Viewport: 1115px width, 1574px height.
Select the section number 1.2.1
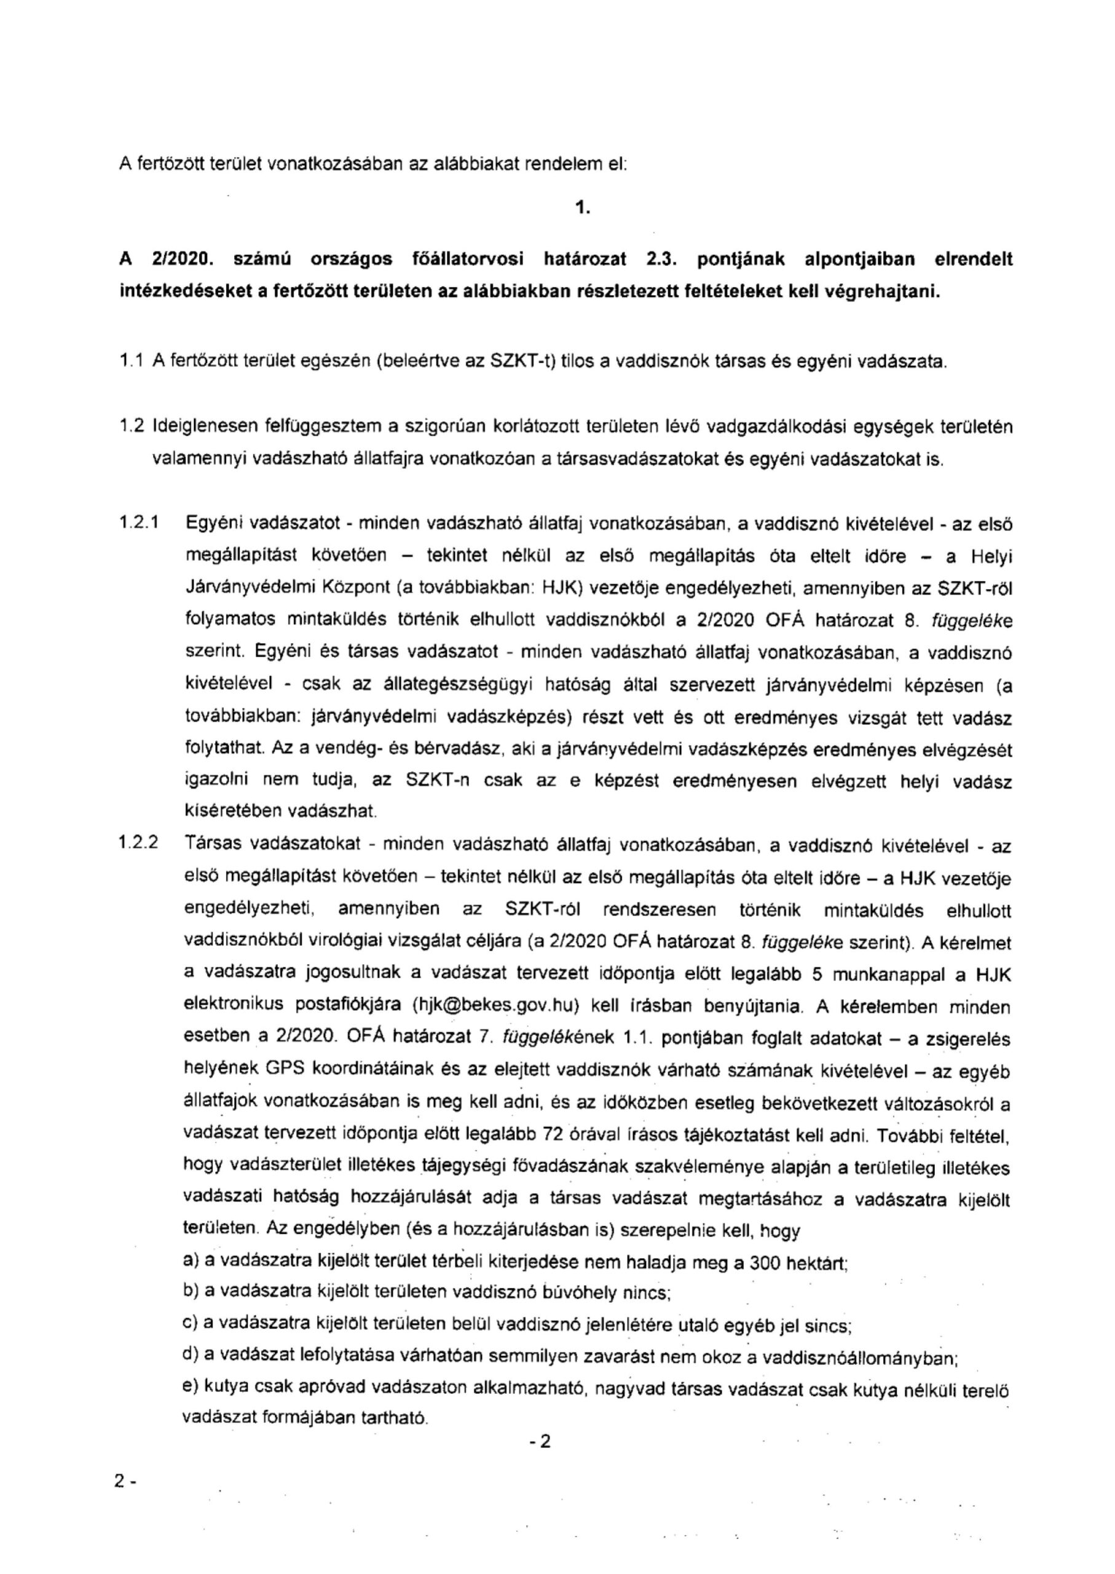pyautogui.click(x=140, y=524)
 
